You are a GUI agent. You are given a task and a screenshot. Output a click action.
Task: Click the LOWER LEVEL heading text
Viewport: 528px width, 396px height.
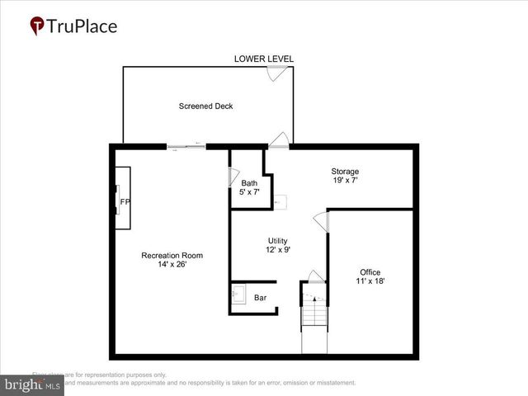click(264, 59)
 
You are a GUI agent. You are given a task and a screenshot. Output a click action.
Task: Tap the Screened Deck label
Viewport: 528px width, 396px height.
click(205, 106)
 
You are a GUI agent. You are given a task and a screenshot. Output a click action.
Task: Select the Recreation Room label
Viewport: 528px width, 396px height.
click(172, 256)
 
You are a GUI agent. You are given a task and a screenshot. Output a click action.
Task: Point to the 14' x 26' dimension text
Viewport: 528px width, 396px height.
click(172, 266)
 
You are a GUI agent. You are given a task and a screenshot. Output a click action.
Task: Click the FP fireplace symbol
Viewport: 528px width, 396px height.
click(124, 201)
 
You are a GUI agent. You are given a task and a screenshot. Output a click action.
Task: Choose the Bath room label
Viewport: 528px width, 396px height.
click(249, 183)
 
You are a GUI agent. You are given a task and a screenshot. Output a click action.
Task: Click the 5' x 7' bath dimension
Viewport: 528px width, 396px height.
click(249, 192)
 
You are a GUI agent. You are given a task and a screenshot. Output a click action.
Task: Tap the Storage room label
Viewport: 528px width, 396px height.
click(345, 172)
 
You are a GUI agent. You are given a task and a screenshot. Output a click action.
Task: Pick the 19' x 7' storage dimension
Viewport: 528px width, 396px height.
click(345, 181)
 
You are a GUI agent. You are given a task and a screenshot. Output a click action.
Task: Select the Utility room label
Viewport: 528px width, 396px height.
click(277, 240)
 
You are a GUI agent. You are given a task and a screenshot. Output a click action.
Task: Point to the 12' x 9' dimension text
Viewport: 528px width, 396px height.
click(277, 249)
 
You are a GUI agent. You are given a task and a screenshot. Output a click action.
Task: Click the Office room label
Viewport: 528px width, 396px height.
click(370, 272)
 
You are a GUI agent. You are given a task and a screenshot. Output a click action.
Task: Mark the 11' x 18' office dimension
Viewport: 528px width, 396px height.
click(370, 281)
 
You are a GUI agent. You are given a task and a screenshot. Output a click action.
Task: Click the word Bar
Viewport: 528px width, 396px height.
click(260, 298)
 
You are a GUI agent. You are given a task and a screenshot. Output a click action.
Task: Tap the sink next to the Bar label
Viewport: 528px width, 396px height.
click(239, 295)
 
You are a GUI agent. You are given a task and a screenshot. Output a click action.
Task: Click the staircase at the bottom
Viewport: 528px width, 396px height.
click(313, 326)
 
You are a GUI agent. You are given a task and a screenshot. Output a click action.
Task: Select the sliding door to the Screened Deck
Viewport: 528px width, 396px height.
click(186, 147)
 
